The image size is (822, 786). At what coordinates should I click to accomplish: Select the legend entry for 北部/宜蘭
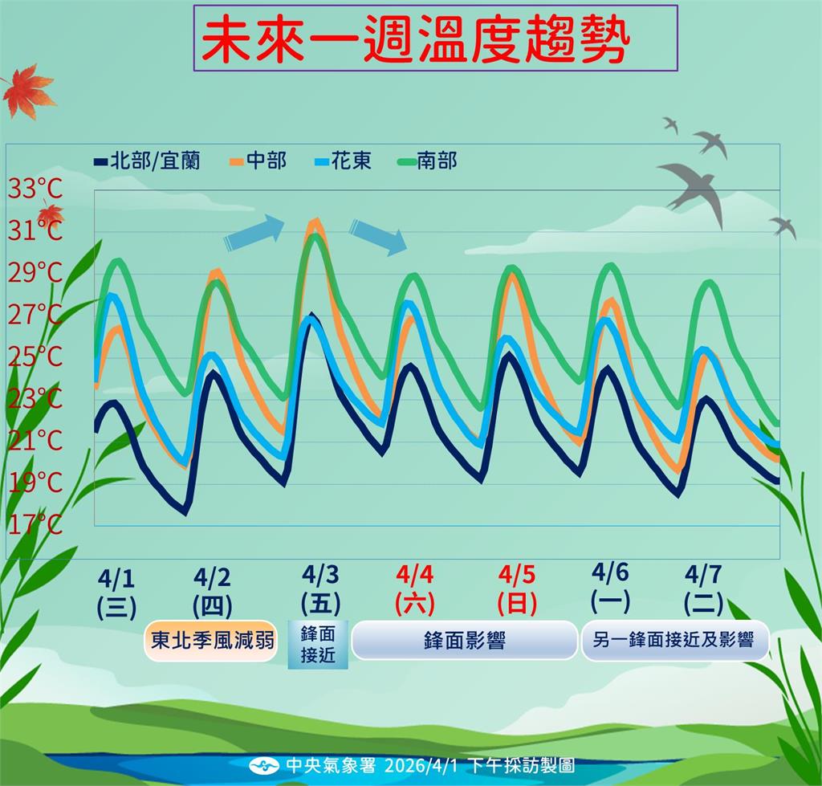coord(147,161)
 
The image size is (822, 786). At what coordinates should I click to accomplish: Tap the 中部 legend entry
coord(258,161)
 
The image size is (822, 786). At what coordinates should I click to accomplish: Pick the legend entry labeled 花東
coord(342,161)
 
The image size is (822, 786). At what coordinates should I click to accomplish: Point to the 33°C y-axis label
coord(35,190)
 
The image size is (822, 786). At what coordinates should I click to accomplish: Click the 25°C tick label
coord(35,356)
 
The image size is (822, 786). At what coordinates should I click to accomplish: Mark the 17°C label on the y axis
coord(35,524)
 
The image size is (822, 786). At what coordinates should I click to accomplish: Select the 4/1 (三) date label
coord(117,591)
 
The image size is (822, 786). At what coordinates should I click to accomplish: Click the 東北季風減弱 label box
coord(213,640)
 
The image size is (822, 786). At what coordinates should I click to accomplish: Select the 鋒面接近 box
coord(319,644)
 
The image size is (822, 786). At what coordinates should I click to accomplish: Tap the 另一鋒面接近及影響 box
coord(674,640)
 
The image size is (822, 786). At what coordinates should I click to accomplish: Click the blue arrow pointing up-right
coord(254,232)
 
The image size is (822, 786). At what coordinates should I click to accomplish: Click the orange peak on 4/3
coord(315,221)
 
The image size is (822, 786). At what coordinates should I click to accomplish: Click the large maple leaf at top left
coord(28,92)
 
